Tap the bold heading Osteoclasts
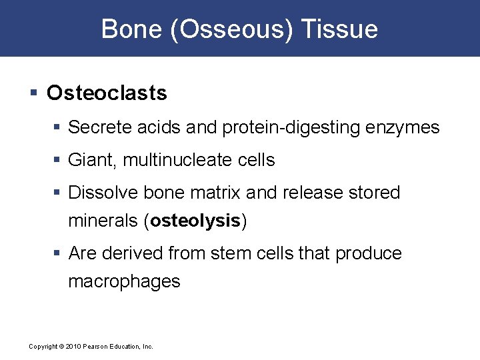(x=107, y=93)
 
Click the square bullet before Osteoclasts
(x=33, y=93)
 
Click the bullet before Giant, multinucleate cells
(x=58, y=161)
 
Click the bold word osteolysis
(x=195, y=221)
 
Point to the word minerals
(x=103, y=221)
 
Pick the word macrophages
(x=124, y=281)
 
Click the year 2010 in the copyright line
(x=73, y=347)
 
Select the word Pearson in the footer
(x=96, y=347)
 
